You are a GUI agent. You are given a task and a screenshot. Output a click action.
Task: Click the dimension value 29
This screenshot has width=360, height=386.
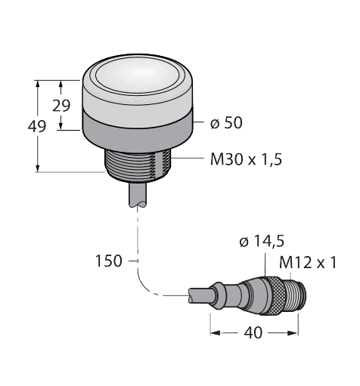click(61, 106)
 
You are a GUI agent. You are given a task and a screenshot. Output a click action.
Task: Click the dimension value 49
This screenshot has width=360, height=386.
click(37, 126)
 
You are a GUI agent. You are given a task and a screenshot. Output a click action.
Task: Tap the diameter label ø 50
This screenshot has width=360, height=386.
click(226, 122)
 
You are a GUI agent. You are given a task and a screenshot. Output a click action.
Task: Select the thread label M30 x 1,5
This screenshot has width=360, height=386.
click(246, 159)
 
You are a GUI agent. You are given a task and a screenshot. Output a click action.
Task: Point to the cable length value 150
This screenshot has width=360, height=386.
click(109, 261)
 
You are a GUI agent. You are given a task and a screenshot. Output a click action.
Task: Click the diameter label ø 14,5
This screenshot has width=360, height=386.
click(262, 242)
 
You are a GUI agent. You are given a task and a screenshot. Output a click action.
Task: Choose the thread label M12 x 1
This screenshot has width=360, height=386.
click(308, 263)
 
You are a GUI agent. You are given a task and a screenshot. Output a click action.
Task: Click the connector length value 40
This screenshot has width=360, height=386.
click(253, 333)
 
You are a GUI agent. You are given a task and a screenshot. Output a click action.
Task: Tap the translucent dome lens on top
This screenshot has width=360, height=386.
click(138, 75)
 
